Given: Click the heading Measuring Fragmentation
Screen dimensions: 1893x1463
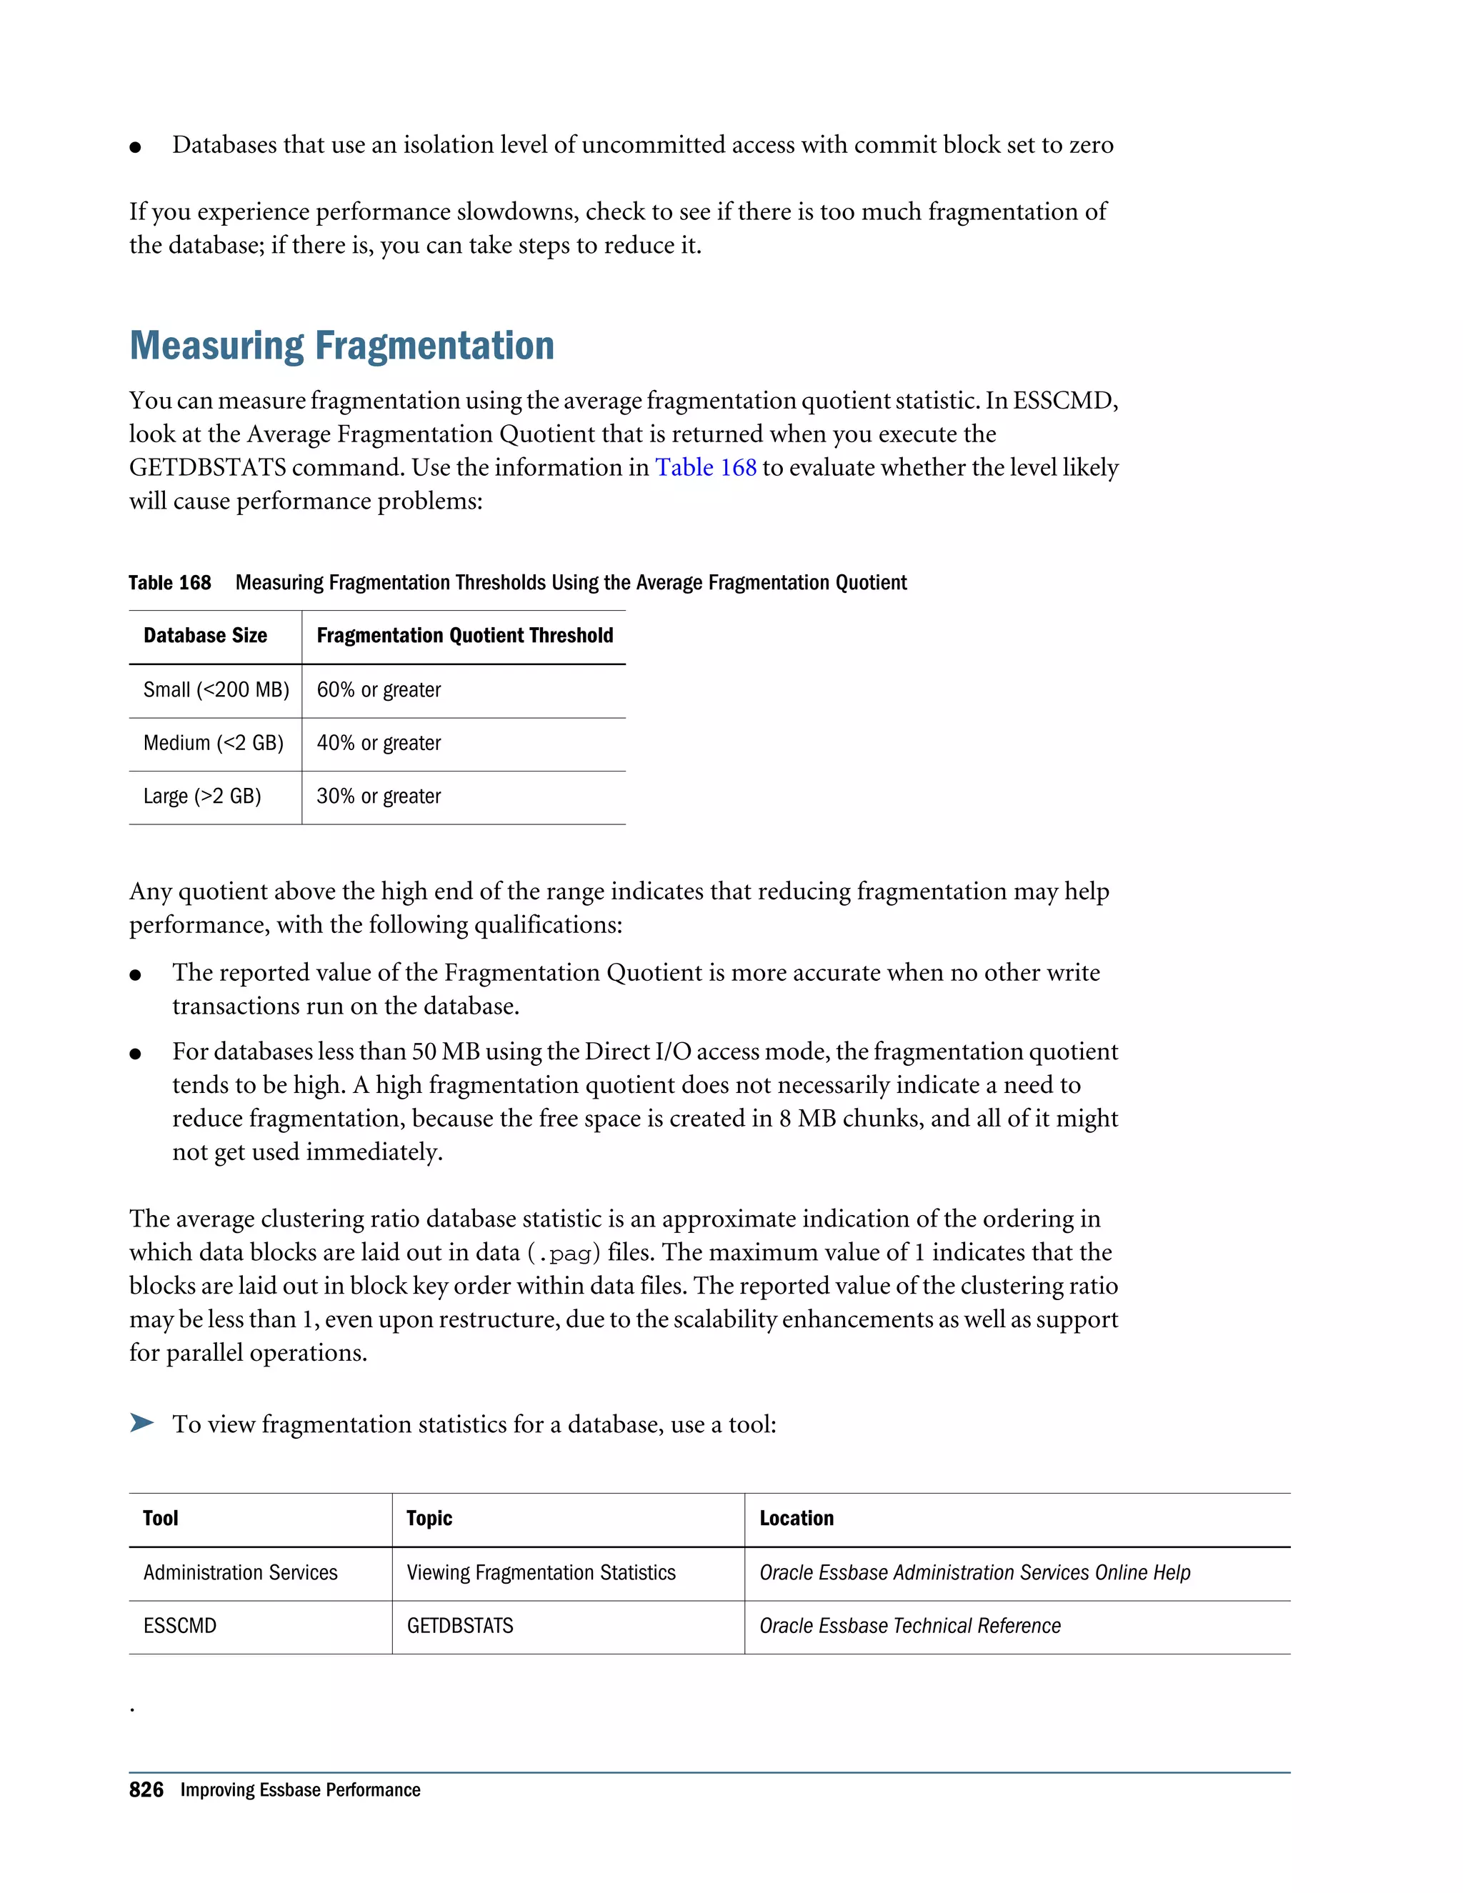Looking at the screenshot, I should pyautogui.click(x=341, y=346).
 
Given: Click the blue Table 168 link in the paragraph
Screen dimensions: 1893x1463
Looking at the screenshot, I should pyautogui.click(x=706, y=468).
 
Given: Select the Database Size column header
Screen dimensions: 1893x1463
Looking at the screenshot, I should pyautogui.click(x=206, y=636).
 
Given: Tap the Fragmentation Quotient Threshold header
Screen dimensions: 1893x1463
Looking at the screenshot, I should pyautogui.click(x=464, y=636).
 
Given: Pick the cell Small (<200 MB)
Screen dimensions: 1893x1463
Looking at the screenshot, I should pyautogui.click(x=216, y=690).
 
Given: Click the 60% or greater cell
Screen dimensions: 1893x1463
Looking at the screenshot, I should pyautogui.click(x=379, y=690).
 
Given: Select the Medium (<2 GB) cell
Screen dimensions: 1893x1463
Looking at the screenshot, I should pyautogui.click(x=213, y=744).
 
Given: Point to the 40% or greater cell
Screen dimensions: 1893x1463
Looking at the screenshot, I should pyautogui.click(x=379, y=744).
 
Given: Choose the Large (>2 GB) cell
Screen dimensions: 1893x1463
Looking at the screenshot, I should pyautogui.click(x=202, y=796).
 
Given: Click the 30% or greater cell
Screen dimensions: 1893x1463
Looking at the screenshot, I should pyautogui.click(x=379, y=796).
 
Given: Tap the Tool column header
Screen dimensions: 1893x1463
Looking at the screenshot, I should pyautogui.click(x=160, y=1519).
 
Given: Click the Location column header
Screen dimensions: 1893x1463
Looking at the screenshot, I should pyautogui.click(x=797, y=1519).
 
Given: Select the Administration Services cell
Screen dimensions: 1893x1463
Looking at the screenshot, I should pyautogui.click(x=240, y=1573).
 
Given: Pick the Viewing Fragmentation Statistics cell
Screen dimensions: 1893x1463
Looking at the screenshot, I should pyautogui.click(x=541, y=1573).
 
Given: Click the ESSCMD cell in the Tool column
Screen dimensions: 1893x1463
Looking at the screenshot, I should pyautogui.click(x=179, y=1626).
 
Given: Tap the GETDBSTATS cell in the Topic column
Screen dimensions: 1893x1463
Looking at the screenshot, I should pyautogui.click(x=460, y=1626).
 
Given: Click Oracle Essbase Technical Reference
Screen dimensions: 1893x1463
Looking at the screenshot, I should pyautogui.click(x=909, y=1626).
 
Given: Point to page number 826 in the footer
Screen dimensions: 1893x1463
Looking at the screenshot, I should pyautogui.click(x=146, y=1790).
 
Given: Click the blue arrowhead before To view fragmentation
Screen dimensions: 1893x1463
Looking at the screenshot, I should pyautogui.click(x=141, y=1422).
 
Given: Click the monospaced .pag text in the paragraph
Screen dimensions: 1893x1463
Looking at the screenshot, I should pyautogui.click(x=564, y=1254).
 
